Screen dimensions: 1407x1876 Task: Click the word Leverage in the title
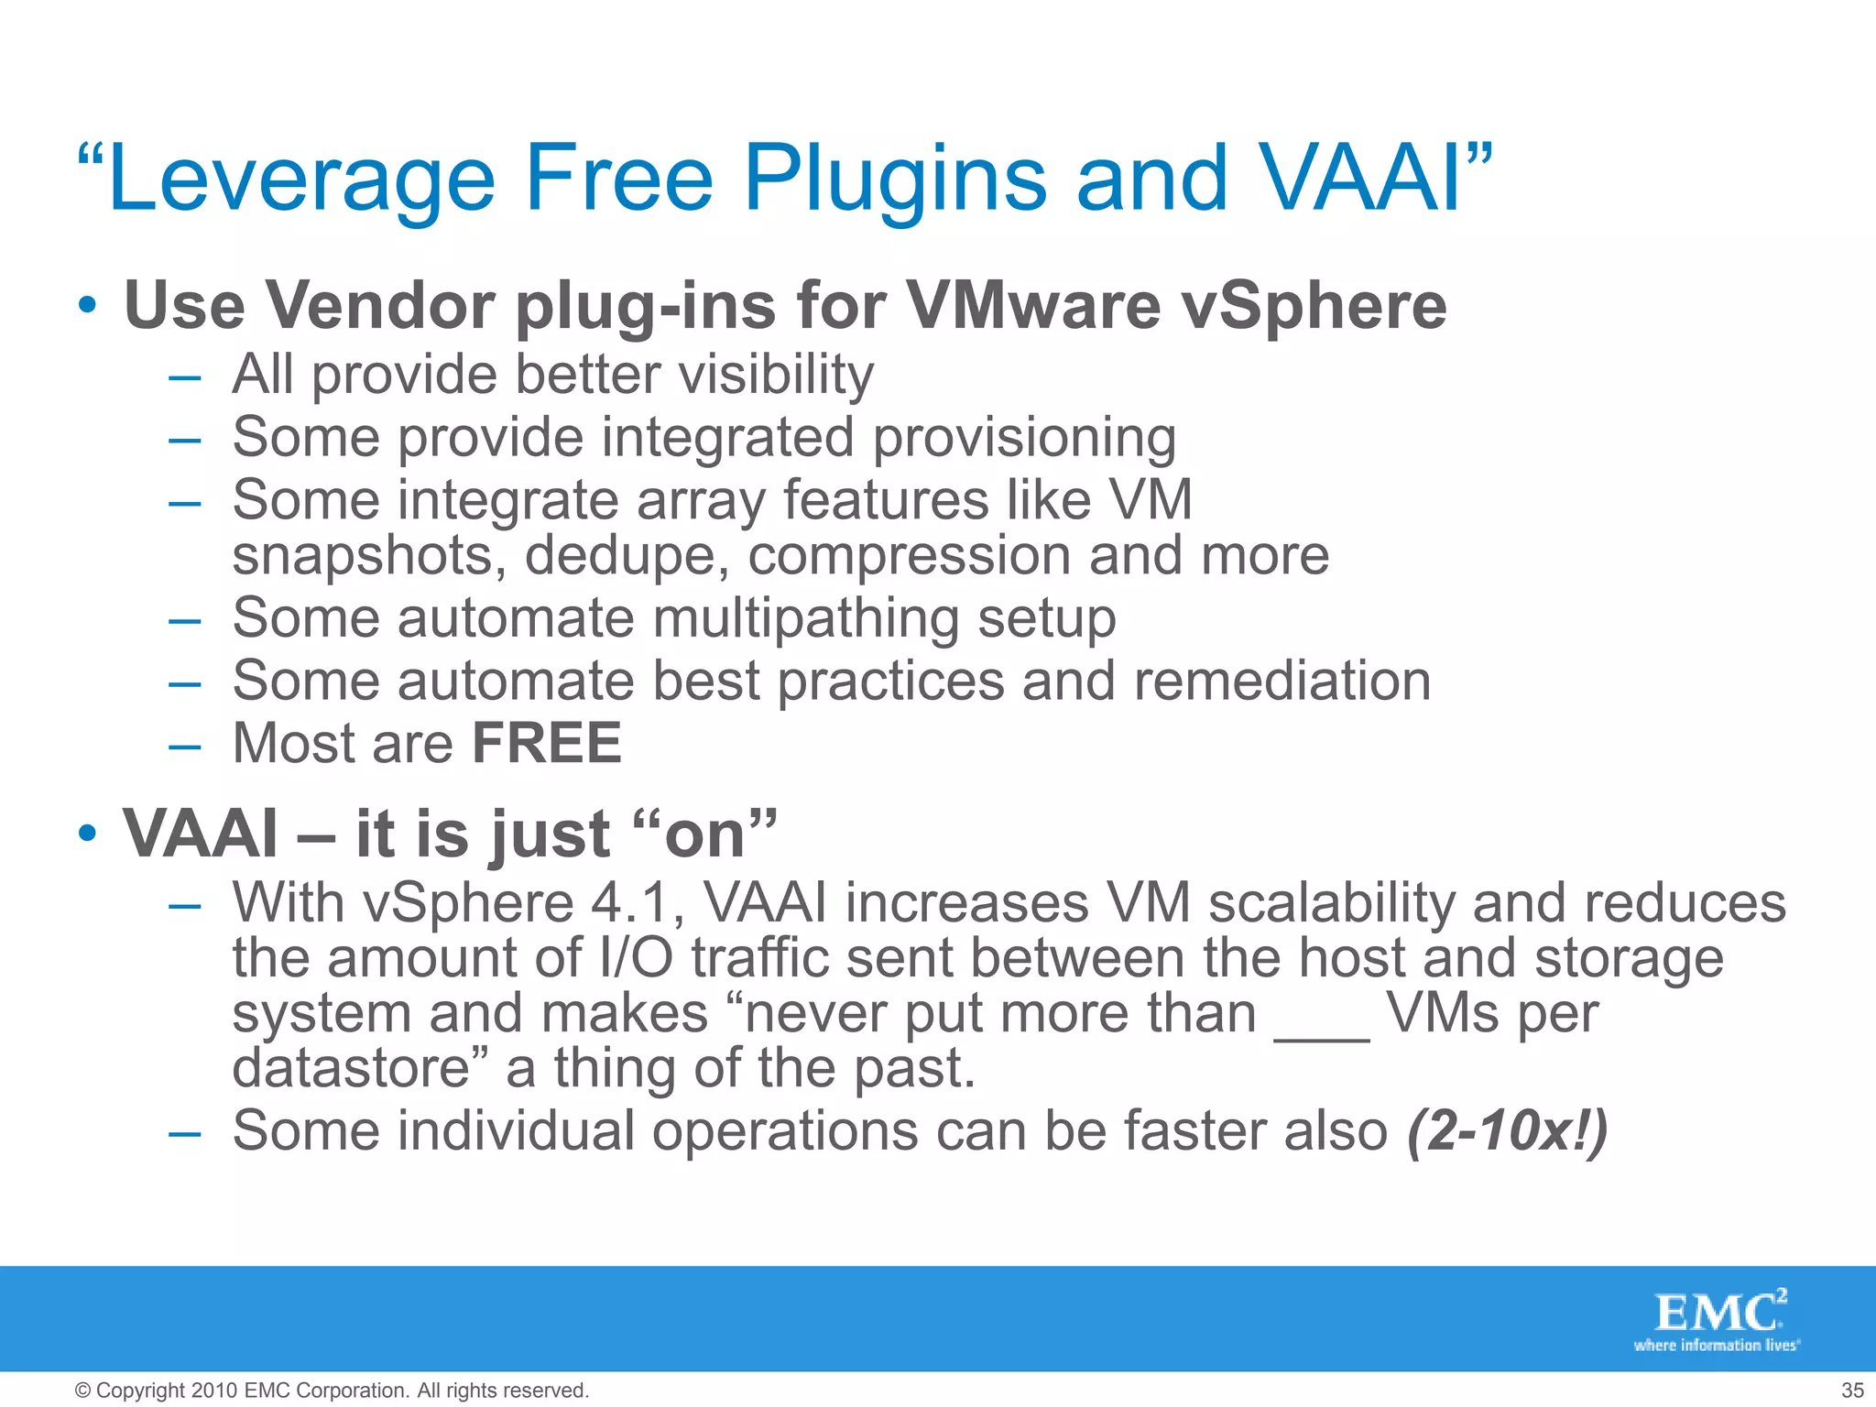pos(300,180)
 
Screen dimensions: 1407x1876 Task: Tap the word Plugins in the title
pos(895,180)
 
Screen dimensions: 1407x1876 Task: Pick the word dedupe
pos(627,556)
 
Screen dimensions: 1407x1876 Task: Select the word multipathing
pos(805,619)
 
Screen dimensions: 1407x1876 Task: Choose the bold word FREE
pos(547,743)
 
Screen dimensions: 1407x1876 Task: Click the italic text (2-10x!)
pos(1507,1131)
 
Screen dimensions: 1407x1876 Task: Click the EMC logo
pos(1718,1312)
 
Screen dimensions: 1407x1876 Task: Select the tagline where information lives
pos(1716,1346)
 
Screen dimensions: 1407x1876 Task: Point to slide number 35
pos(1852,1391)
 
